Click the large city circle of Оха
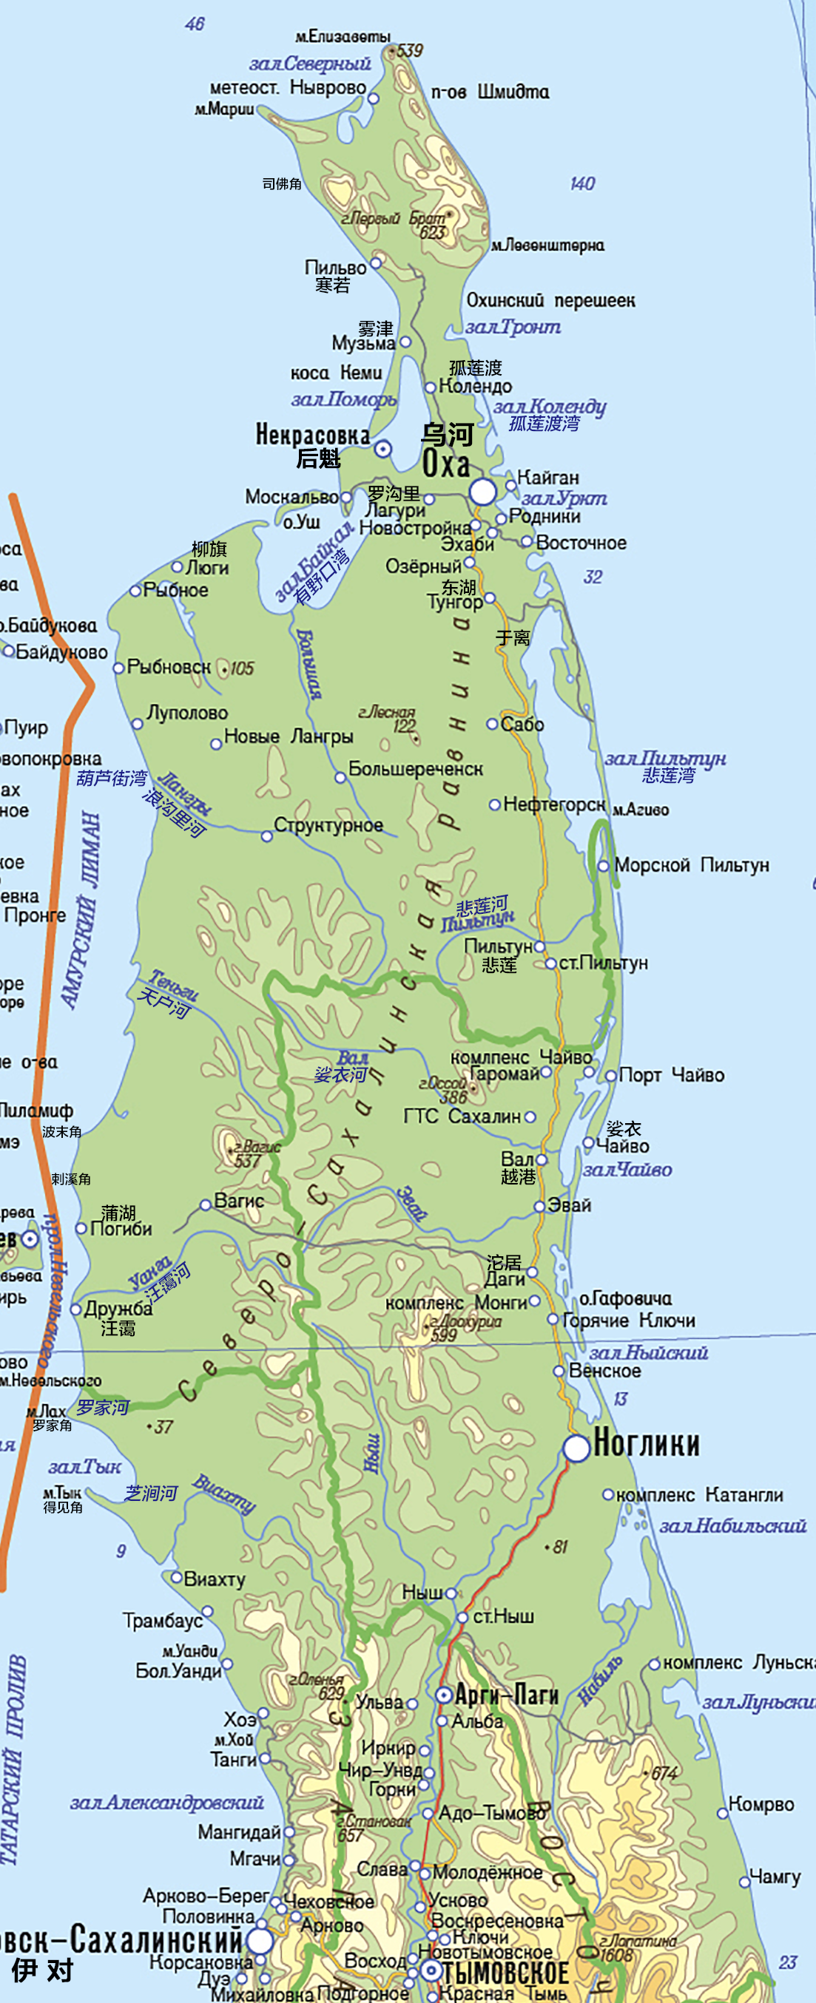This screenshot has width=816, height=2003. point(482,492)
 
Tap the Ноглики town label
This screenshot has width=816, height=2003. point(646,1444)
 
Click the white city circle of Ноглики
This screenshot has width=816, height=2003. point(576,1448)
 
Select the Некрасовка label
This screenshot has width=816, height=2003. point(312,435)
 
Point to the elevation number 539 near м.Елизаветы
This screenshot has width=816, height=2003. point(409,51)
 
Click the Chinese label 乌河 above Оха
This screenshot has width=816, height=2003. point(447,435)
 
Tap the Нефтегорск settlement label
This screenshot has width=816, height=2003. point(554,804)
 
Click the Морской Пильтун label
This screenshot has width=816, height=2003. point(691,864)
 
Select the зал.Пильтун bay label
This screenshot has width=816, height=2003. point(665,758)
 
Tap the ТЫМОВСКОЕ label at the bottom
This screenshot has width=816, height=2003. point(505,1973)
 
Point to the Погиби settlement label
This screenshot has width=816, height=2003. point(121,1229)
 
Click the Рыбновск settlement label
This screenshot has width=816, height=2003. point(169,666)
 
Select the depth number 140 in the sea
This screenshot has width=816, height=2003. point(582,183)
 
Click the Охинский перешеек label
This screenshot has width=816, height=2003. point(550,300)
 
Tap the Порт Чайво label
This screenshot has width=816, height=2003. point(671,1075)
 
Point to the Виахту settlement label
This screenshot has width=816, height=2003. point(215,1579)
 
